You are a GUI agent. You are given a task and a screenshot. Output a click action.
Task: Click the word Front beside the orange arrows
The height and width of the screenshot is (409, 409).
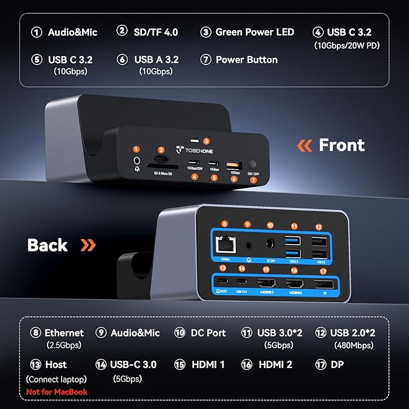342,145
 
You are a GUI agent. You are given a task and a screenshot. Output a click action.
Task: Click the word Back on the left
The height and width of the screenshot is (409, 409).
48,245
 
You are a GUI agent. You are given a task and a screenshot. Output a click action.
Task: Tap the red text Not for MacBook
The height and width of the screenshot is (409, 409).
57,392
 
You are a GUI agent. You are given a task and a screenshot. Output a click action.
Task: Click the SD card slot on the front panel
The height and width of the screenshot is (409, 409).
161,161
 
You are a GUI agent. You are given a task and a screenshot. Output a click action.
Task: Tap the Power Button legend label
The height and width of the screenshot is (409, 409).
246,60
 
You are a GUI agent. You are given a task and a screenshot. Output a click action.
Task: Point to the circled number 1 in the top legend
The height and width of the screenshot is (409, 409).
37,32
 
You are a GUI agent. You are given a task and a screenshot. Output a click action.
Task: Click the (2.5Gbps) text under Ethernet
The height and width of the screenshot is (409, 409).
64,345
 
